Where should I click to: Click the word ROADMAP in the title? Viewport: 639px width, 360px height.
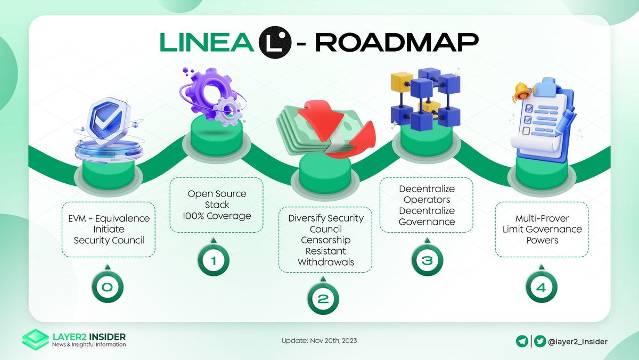click(399, 43)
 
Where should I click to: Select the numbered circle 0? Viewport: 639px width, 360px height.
click(107, 288)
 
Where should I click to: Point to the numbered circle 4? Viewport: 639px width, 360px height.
click(540, 288)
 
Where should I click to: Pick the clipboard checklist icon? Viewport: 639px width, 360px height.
click(543, 114)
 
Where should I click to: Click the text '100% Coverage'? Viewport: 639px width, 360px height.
click(216, 216)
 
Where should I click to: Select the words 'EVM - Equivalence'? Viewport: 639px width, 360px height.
click(109, 218)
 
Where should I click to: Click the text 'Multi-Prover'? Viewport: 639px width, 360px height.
click(542, 218)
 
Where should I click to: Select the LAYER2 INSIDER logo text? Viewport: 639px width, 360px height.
click(89, 337)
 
